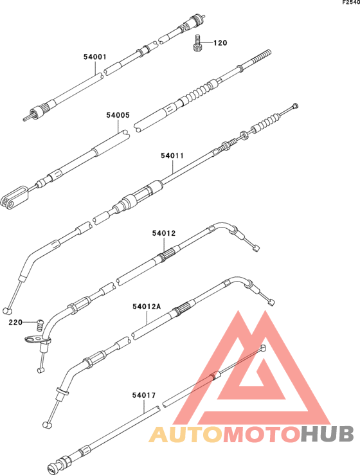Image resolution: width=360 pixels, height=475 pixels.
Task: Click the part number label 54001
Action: point(95,57)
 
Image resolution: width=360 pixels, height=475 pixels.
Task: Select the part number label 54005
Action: point(118,115)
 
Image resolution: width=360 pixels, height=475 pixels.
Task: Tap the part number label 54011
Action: point(172,156)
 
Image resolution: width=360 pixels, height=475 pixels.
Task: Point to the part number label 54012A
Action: point(147,307)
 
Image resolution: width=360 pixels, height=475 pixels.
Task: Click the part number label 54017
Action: point(143,395)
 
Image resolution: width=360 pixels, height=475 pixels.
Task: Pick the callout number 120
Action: point(221,43)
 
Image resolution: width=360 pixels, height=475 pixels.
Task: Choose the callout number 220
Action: point(15,322)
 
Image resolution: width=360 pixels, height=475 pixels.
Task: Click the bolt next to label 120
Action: point(197,43)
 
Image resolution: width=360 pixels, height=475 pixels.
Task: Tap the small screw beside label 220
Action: point(39,325)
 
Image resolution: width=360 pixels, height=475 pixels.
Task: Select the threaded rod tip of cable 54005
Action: point(260,57)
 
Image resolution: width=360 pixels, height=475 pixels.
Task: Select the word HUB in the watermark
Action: point(328,434)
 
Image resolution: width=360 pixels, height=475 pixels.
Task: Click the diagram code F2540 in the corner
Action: point(351,2)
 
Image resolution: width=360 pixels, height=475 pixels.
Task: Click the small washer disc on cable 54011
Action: point(244,136)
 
